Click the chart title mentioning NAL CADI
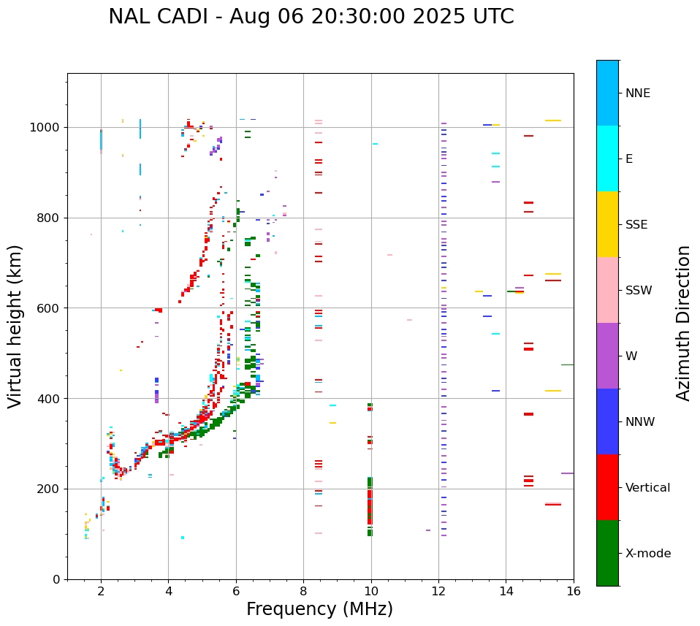(x=311, y=17)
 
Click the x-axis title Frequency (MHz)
(x=319, y=609)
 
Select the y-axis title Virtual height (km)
(x=15, y=327)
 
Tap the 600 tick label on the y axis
(x=50, y=308)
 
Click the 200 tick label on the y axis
(x=50, y=489)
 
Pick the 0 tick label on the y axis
(x=57, y=579)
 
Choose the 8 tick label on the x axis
(x=303, y=592)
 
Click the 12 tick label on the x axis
(x=438, y=592)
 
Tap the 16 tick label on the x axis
(x=574, y=592)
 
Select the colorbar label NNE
(x=637, y=93)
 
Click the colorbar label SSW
(x=638, y=291)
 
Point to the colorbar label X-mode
(x=647, y=554)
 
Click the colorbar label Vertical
(x=647, y=488)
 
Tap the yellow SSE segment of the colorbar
(x=607, y=224)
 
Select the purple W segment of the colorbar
(x=607, y=356)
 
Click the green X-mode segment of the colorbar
(x=607, y=553)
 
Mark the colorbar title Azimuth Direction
(x=683, y=323)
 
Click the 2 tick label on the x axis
(x=101, y=592)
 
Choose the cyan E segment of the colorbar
(x=607, y=159)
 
